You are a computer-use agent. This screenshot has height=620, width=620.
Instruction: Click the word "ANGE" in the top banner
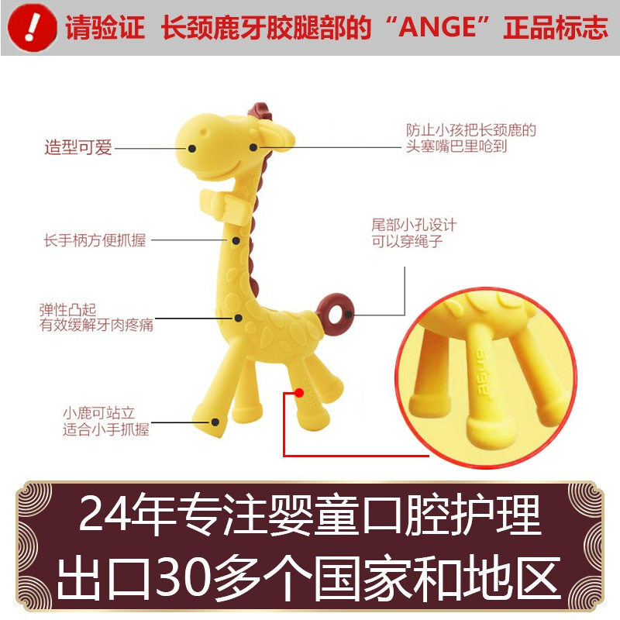[437, 29]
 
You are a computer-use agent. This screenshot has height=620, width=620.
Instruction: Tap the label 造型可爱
[77, 147]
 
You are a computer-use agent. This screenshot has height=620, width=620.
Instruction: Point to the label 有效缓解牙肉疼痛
[97, 325]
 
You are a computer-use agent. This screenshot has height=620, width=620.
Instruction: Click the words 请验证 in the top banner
[105, 29]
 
